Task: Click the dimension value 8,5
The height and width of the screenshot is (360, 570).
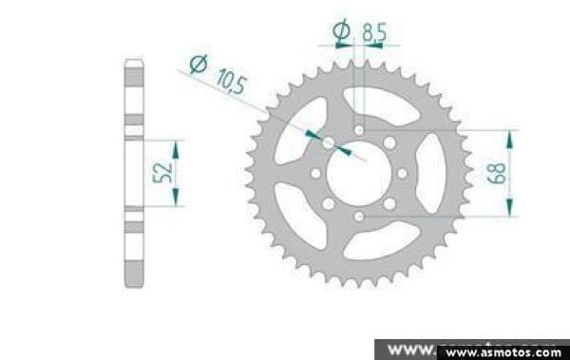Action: point(374,32)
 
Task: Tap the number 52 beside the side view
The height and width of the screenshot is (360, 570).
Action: point(162,173)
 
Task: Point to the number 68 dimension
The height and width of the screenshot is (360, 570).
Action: point(497,173)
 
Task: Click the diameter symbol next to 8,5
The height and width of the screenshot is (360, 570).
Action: point(342,30)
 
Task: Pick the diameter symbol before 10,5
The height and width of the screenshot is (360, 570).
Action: point(199,64)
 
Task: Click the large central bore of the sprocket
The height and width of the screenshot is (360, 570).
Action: point(359,174)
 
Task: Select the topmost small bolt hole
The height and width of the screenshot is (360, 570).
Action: point(359,130)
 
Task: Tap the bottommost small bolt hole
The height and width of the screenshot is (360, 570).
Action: point(359,217)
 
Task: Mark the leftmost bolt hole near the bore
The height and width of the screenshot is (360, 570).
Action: point(316,174)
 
